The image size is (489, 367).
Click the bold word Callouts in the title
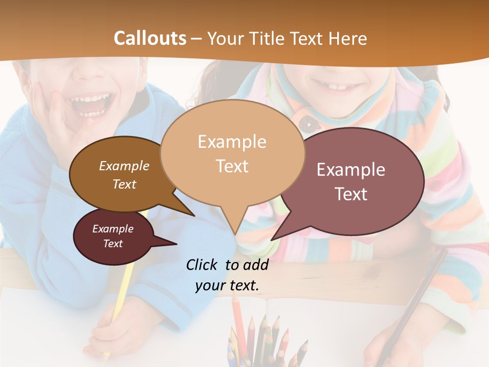(x=150, y=38)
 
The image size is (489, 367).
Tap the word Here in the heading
(x=349, y=39)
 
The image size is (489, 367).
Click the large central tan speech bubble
(x=232, y=153)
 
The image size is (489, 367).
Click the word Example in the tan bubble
(x=232, y=142)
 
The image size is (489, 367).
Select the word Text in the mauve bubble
(x=351, y=194)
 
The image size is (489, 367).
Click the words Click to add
(x=227, y=265)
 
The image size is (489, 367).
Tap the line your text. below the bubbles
(x=227, y=285)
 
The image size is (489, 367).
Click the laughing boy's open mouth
(x=91, y=105)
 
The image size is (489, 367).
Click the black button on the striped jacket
(x=305, y=122)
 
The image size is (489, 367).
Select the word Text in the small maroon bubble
(x=113, y=244)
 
